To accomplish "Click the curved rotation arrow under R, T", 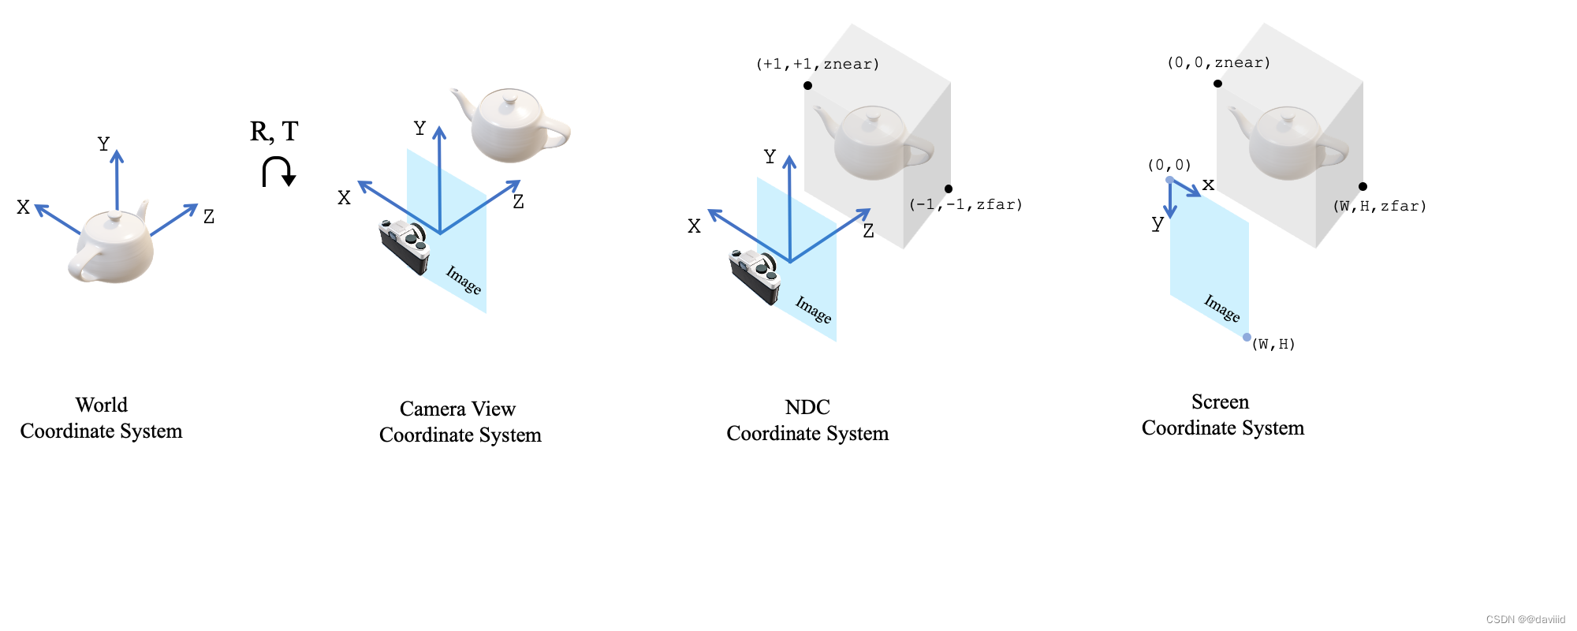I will tap(278, 171).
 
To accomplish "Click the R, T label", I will tap(274, 131).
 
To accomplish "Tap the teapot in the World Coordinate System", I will tap(112, 246).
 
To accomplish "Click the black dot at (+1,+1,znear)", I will tap(807, 85).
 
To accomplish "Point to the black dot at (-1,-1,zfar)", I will tap(949, 189).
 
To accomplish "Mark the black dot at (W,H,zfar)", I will tap(1363, 186).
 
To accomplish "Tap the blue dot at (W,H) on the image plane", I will tap(1247, 337).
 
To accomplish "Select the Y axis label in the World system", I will tap(103, 144).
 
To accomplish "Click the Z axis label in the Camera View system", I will tap(518, 202).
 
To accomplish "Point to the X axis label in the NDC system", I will tap(694, 226).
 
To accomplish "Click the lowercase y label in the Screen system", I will tap(1157, 223).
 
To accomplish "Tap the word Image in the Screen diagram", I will tap(1221, 308).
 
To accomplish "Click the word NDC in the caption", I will tap(807, 407).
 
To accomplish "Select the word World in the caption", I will tap(101, 405).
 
